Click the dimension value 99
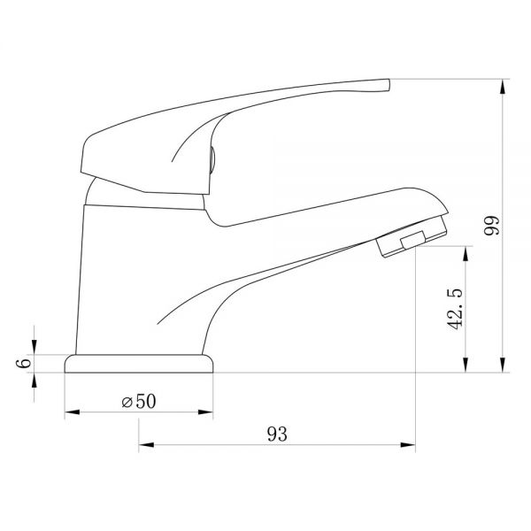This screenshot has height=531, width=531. tap(491, 226)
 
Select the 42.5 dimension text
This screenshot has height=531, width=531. tap(455, 309)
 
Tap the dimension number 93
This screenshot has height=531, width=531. tap(277, 435)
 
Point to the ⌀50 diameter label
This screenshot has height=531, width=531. tap(139, 401)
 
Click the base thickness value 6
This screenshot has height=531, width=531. tap(23, 363)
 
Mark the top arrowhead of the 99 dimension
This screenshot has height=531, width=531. tap(503, 87)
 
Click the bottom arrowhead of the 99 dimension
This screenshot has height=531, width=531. tap(503, 365)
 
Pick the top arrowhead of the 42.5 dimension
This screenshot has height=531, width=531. tap(466, 254)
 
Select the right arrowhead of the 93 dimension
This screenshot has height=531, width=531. tap(408, 444)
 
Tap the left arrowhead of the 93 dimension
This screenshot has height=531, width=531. tap(146, 444)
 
